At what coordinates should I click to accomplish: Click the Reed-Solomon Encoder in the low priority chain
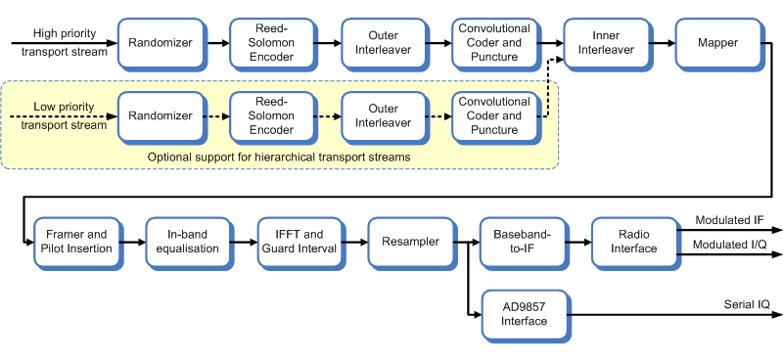point(270,115)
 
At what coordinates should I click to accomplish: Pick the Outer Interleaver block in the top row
point(382,43)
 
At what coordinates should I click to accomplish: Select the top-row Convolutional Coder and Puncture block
point(493,43)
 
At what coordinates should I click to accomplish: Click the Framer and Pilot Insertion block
point(75,241)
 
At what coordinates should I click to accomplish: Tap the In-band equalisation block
point(187,241)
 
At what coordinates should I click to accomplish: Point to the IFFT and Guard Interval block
point(299,241)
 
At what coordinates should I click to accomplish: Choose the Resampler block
point(410,241)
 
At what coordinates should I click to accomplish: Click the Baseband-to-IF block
point(522,241)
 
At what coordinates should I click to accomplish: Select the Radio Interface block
point(633,241)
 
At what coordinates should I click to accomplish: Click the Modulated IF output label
point(729,220)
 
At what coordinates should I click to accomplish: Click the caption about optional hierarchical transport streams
point(278,157)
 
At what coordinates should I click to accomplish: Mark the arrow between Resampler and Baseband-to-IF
point(465,241)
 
